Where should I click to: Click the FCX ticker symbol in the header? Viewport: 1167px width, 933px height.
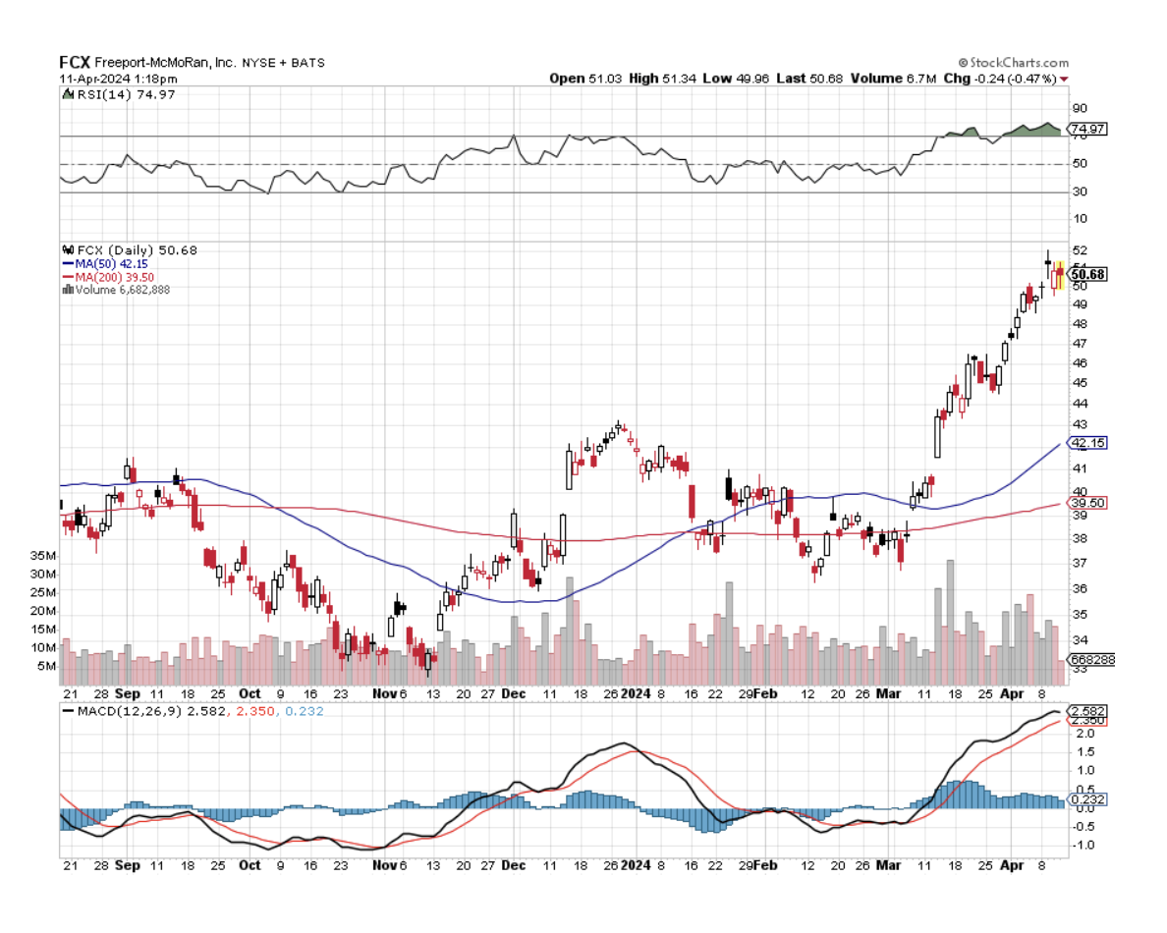pyautogui.click(x=75, y=62)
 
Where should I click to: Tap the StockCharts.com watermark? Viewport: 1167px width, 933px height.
pyautogui.click(x=1013, y=62)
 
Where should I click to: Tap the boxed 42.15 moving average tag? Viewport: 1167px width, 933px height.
pyautogui.click(x=1086, y=443)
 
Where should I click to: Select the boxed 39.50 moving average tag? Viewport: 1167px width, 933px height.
pyautogui.click(x=1086, y=503)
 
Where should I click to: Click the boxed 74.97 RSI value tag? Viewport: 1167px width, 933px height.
pyautogui.click(x=1086, y=129)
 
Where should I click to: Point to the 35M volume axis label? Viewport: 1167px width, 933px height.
pyautogui.click(x=42, y=555)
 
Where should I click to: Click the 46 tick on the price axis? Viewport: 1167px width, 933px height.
pyautogui.click(x=1080, y=363)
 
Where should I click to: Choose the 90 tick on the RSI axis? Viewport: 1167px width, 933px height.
pyautogui.click(x=1080, y=108)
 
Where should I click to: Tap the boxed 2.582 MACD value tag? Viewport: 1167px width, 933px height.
pyautogui.click(x=1086, y=710)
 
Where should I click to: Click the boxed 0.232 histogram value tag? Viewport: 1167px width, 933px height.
pyautogui.click(x=1086, y=800)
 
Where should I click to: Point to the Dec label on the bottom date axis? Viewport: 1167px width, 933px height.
pyautogui.click(x=514, y=865)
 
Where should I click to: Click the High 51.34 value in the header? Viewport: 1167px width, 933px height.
pyautogui.click(x=660, y=79)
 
